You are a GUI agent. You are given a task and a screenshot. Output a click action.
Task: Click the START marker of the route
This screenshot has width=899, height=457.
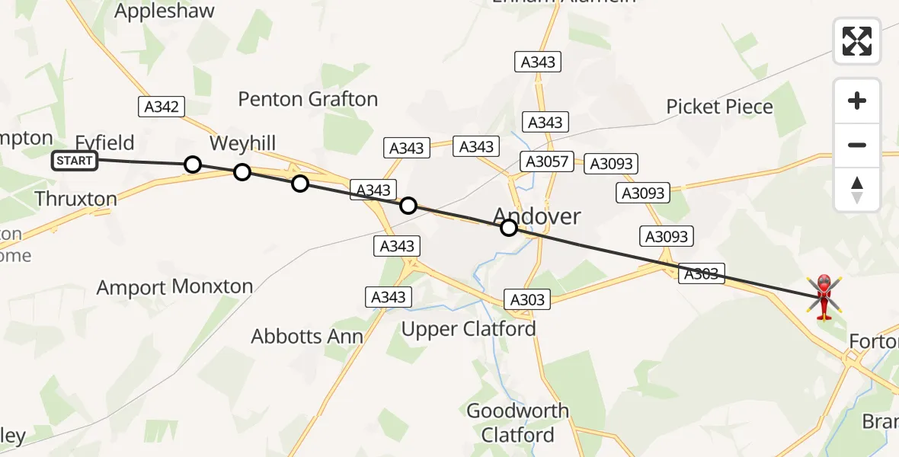pos(75,161)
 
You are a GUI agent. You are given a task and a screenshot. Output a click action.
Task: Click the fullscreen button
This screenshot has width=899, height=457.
pos(857,41)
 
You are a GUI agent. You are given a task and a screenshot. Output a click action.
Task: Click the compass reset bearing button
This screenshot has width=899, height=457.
pos(857,190)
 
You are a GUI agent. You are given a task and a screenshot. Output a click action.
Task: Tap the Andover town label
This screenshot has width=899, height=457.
pos(537,216)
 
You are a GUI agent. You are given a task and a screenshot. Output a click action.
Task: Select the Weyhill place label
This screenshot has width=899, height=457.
pos(242,143)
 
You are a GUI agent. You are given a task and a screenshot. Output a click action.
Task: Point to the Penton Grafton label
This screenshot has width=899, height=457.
pos(308,99)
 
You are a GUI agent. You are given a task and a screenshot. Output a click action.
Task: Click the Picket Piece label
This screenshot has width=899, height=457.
pos(719,107)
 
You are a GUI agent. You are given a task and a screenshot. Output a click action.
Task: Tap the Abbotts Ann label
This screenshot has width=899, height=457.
pos(307,336)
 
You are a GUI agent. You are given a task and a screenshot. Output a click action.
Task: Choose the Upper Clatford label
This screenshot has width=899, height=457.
pos(469,329)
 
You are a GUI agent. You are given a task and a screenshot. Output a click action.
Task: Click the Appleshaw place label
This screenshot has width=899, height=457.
pos(165,11)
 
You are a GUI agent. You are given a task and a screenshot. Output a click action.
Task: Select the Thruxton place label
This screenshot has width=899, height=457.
pos(76,200)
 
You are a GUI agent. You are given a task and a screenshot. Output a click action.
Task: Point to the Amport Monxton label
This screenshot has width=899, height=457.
pos(174,287)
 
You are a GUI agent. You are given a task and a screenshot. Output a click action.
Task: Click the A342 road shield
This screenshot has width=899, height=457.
pos(162,107)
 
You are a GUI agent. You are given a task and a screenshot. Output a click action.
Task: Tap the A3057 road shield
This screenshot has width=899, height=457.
pos(545,161)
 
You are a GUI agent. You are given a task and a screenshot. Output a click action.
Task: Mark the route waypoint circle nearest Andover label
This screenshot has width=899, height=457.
pos(509,227)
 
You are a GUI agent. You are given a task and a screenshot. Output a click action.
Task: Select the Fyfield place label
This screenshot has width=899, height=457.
pos(104,142)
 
